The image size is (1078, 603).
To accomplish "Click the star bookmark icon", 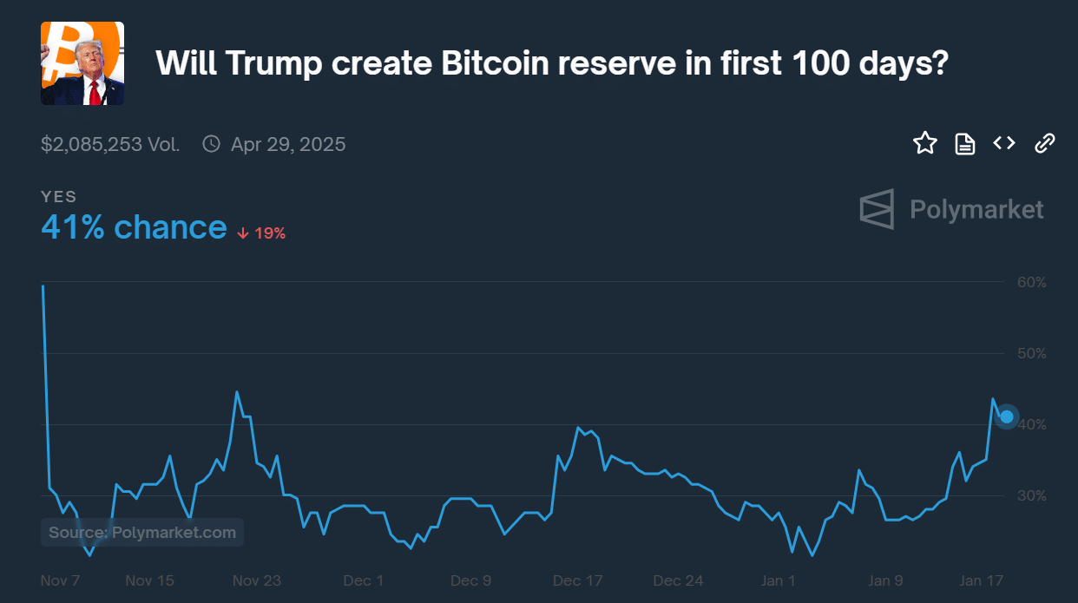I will pos(925,143).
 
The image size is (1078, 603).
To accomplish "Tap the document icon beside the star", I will pos(965,144).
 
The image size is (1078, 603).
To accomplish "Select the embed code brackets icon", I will pos(1004,143).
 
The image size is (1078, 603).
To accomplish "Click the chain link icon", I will pos(1045,143).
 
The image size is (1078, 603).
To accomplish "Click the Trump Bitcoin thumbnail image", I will pos(82,63).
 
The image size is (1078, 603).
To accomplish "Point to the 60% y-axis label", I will pos(1031,282).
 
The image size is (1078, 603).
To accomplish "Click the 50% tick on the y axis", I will pos(1031,353).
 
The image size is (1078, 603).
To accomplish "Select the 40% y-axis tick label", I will pos(1031,424).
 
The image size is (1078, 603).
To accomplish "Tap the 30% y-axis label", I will pos(1031,495).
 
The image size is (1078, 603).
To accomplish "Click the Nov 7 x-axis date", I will pos(61,580).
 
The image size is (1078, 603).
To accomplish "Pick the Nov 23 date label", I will pos(257,580).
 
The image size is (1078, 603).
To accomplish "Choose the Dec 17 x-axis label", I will pos(577,580).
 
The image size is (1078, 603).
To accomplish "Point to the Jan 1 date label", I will pos(778,580).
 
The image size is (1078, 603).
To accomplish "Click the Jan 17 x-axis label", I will pos(981,580).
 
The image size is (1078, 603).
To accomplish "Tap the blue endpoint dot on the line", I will pos(1007,416).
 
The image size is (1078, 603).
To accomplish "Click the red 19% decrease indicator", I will pos(261,233).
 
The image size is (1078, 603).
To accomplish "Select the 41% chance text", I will pos(134,227).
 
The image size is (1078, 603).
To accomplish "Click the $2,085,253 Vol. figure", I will pos(110,144).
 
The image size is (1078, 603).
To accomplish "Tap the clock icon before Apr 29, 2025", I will pos(211,144).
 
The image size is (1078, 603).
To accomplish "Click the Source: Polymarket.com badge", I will pos(142,532).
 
